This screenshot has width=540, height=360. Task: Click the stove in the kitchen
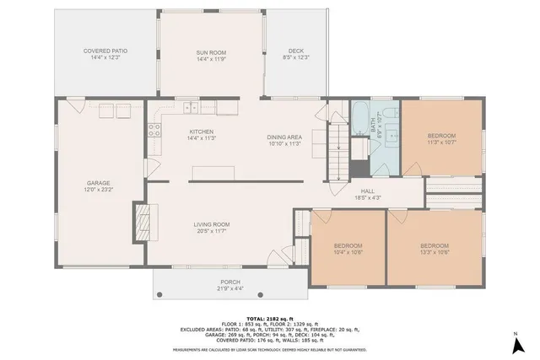tap(155, 130)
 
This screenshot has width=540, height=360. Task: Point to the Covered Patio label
tap(105, 51)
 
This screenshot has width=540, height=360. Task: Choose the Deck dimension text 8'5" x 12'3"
tap(295, 57)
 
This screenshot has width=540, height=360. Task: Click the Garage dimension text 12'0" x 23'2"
tap(99, 190)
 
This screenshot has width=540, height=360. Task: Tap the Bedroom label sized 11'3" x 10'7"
tap(441, 136)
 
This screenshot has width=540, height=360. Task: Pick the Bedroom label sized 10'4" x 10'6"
tap(348, 245)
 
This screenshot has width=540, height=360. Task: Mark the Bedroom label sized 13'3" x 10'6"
tap(435, 245)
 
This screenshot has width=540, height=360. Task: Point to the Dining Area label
tap(284, 137)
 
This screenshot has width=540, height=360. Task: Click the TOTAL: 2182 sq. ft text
tap(269, 317)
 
